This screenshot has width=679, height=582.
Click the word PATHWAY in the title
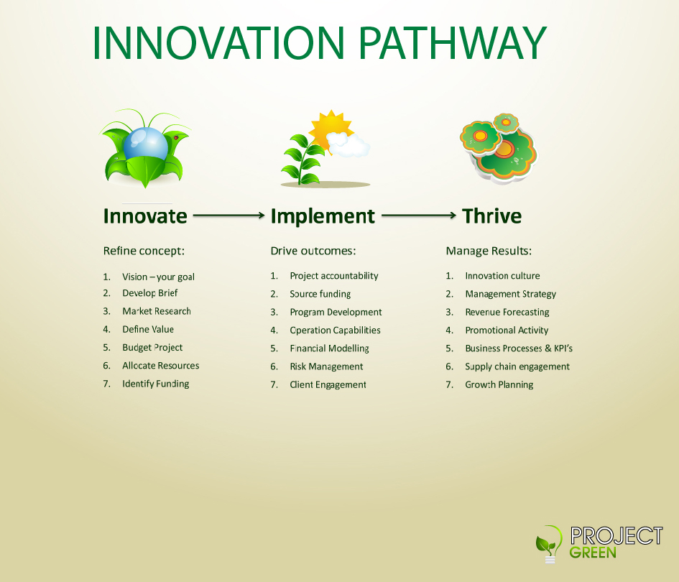(453, 42)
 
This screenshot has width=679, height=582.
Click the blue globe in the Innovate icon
(145, 144)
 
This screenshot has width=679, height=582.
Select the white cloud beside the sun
(348, 145)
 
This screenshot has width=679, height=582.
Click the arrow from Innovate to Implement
(228, 216)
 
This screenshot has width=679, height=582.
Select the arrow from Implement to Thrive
(419, 216)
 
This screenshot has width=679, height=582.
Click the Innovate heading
(145, 216)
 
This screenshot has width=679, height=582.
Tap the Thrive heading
(492, 216)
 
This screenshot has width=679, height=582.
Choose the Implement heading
(323, 216)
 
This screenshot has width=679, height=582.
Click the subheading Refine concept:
(144, 251)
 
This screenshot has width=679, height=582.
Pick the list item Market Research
(157, 311)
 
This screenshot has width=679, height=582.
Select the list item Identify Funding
(155, 384)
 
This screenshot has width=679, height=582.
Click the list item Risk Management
(326, 366)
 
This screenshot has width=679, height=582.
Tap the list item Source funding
(320, 294)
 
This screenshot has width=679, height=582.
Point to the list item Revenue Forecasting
(507, 313)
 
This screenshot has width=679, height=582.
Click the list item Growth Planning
(499, 385)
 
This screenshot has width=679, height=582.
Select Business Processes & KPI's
(519, 348)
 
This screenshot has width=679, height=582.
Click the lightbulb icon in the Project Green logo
(549, 544)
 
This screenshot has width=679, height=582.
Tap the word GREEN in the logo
(592, 553)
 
